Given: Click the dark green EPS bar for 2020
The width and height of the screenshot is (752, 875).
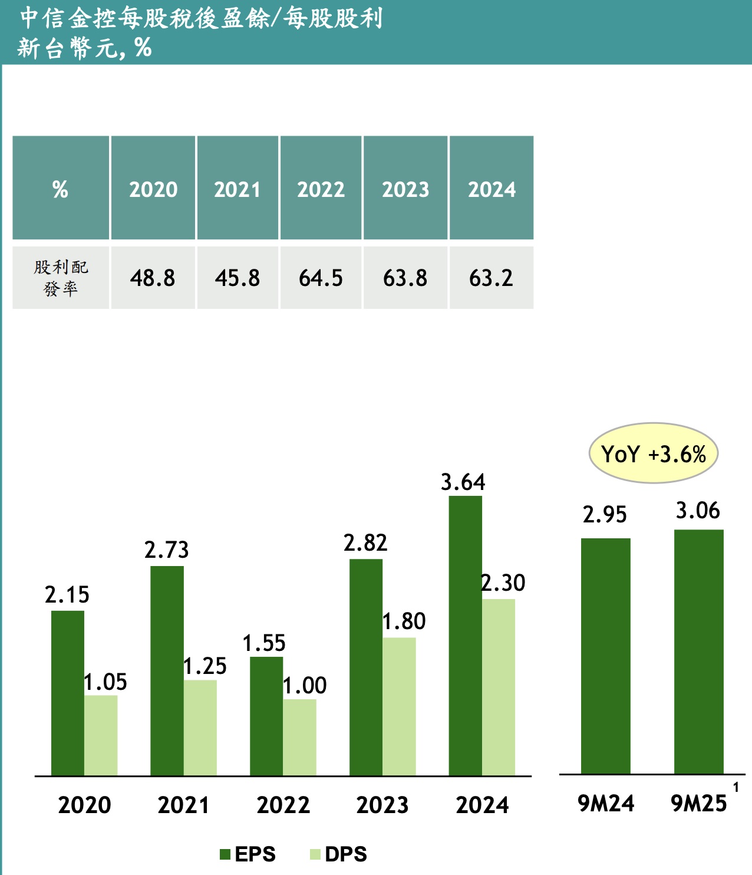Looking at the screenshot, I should click(x=68, y=693).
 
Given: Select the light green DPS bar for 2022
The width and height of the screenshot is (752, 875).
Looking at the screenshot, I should click(x=299, y=737).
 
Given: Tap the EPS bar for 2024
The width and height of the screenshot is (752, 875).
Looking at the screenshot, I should click(x=465, y=636).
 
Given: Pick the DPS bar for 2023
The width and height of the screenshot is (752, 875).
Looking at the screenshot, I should click(x=399, y=706).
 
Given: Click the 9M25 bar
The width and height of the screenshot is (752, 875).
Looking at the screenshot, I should click(x=698, y=652).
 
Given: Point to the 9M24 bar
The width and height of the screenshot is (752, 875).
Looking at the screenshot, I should click(x=605, y=656).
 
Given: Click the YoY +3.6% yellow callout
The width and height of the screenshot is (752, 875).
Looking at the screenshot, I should click(x=653, y=453).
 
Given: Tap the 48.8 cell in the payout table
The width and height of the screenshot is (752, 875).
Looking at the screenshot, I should click(x=153, y=278).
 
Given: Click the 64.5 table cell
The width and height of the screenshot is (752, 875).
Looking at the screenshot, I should click(x=321, y=278).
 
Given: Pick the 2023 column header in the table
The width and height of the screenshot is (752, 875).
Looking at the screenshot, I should click(x=405, y=189).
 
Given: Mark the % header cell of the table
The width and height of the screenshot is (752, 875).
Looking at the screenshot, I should click(x=60, y=189).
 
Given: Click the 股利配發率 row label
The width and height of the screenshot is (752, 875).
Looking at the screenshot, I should click(x=60, y=278).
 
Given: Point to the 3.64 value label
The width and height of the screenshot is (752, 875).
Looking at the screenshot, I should click(x=463, y=482).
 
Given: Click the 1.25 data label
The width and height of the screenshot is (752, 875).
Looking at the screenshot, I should click(x=205, y=666).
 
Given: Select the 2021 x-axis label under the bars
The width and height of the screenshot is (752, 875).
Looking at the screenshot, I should click(x=183, y=805).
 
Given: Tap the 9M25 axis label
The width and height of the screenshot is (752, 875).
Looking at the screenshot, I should click(x=699, y=804).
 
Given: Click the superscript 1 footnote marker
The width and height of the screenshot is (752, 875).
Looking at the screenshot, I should click(x=735, y=787).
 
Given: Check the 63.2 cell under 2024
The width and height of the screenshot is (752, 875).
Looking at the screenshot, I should click(x=491, y=278).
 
